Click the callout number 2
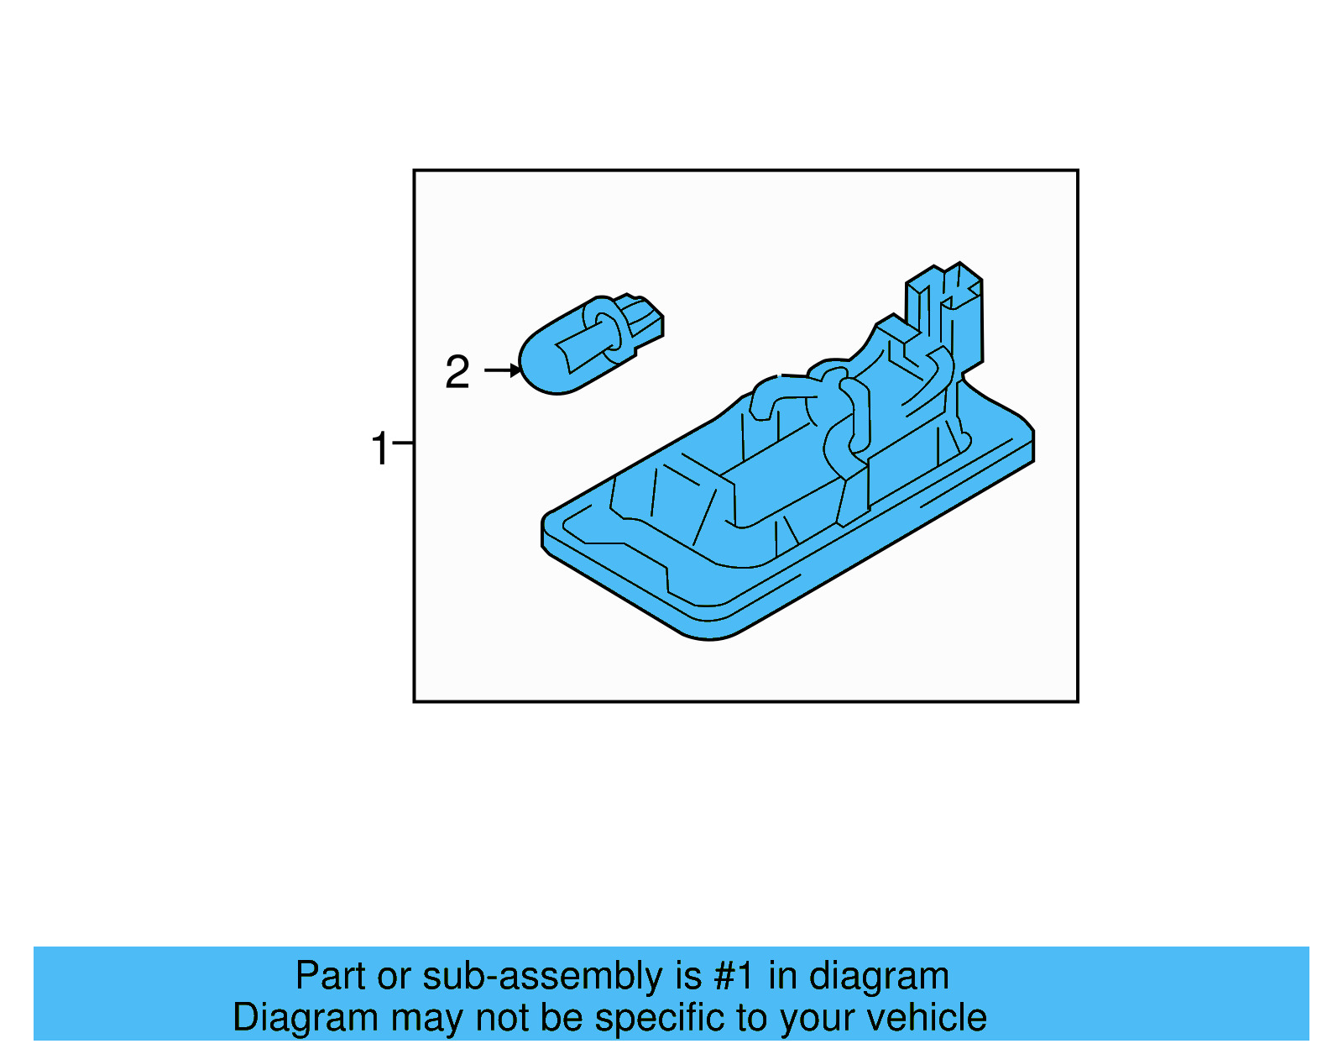click(x=457, y=372)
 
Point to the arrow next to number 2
click(x=503, y=370)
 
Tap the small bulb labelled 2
click(x=588, y=344)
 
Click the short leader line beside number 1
click(x=403, y=443)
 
